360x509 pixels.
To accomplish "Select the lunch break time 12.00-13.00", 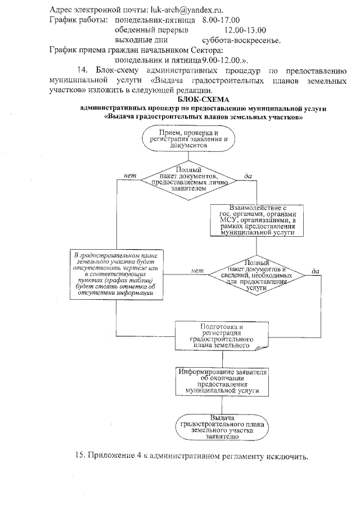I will (x=245, y=30).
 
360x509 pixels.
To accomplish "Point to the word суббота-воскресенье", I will (x=241, y=40).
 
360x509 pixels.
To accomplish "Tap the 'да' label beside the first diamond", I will (x=247, y=176).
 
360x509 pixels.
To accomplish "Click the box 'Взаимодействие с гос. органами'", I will (x=257, y=220).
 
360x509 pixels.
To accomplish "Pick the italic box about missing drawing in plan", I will (x=115, y=275).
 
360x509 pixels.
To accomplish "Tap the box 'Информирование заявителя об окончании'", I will (x=222, y=381).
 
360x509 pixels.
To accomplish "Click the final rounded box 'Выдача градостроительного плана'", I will (x=222, y=426).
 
